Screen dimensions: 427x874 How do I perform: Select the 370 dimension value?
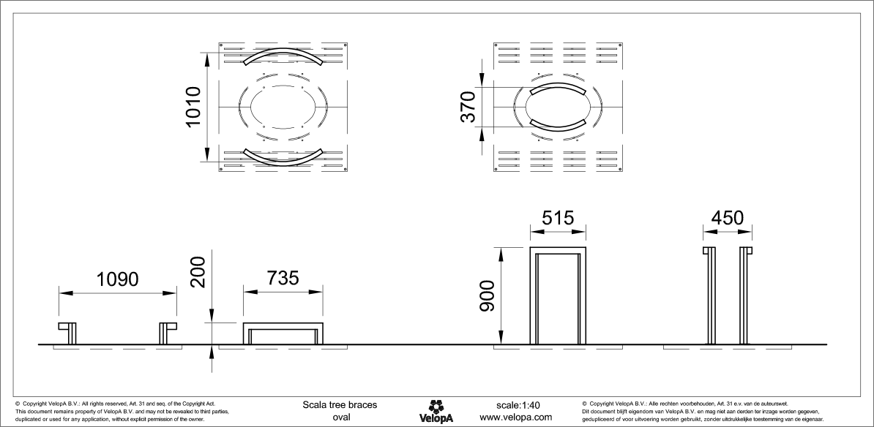pyautogui.click(x=468, y=107)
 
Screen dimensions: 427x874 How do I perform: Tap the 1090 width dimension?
pyautogui.click(x=117, y=280)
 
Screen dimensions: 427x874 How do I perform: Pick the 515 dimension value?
pyautogui.click(x=558, y=218)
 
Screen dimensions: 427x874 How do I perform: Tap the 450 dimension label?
pyautogui.click(x=728, y=218)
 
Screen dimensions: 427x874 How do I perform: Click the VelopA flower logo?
pyautogui.click(x=436, y=405)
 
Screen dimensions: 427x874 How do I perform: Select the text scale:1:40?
pyautogui.click(x=518, y=404)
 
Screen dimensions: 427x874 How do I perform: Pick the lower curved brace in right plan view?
pyautogui.click(x=558, y=126)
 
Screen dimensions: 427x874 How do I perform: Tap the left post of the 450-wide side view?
pyautogui.click(x=709, y=296)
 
